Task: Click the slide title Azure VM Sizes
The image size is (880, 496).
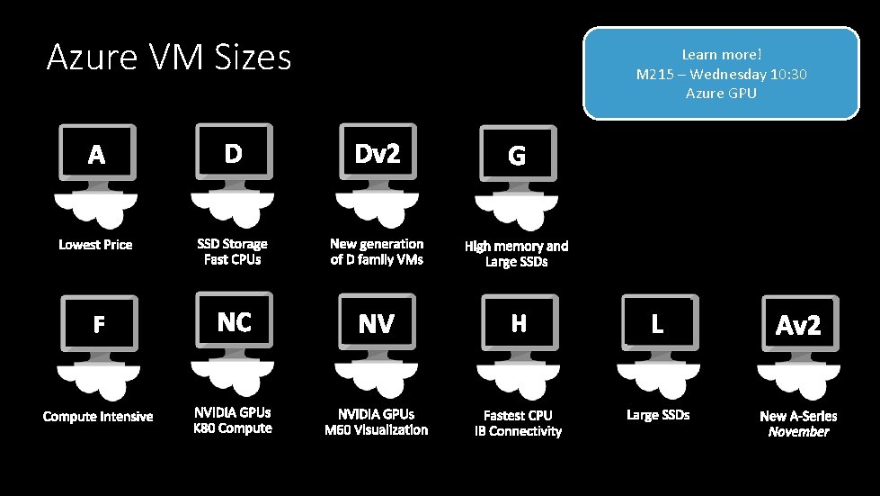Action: [x=169, y=59]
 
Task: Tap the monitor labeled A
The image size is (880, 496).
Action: [x=96, y=156]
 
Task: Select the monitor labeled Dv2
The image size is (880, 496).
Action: [x=377, y=155]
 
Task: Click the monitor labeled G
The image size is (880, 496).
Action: [x=517, y=156]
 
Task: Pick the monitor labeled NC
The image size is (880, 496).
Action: [x=234, y=322]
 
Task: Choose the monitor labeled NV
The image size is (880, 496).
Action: [x=377, y=323]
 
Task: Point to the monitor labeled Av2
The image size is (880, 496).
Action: [x=798, y=325]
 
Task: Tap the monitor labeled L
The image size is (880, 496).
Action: [x=657, y=324]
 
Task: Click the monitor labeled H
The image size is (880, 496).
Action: [x=519, y=323]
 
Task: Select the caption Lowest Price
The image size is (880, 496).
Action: [x=95, y=245]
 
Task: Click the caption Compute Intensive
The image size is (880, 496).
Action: [x=98, y=416]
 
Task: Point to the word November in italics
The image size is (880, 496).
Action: [x=798, y=432]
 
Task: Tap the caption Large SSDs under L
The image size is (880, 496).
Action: [x=658, y=415]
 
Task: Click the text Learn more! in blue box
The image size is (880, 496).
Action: [x=721, y=55]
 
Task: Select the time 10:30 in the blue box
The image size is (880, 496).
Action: [x=787, y=74]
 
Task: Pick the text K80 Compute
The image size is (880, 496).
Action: [x=233, y=428]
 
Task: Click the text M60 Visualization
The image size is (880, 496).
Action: [x=377, y=430]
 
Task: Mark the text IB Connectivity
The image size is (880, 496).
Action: [x=518, y=431]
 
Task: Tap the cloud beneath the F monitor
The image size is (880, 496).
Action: [x=97, y=379]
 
